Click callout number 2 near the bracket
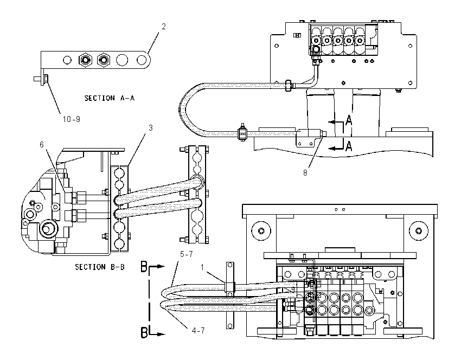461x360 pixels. click(x=164, y=27)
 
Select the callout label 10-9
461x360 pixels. click(x=72, y=119)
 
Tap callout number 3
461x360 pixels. click(x=151, y=128)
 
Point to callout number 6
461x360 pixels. click(x=42, y=144)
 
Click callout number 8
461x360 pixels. click(x=305, y=173)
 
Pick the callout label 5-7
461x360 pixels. click(x=187, y=254)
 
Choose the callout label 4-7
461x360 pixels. click(x=198, y=331)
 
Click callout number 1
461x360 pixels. click(x=202, y=267)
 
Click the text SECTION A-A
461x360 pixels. click(x=110, y=98)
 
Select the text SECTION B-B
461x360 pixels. click(x=100, y=267)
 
